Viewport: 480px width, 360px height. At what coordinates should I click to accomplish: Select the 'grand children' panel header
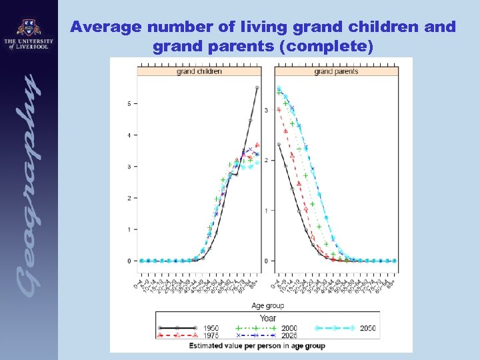click(199, 71)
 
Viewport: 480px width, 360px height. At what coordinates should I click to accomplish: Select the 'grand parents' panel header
click(336, 71)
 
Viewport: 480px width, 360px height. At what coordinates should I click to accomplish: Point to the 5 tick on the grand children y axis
click(131, 103)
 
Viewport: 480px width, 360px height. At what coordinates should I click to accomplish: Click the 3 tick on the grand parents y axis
click(267, 110)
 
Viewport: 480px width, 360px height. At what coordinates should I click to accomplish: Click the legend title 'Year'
click(267, 318)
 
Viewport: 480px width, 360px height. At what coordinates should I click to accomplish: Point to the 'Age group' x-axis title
click(268, 306)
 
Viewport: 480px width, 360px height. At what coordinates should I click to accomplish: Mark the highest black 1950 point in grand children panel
click(257, 88)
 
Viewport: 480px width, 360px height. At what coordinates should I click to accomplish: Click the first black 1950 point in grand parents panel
click(279, 144)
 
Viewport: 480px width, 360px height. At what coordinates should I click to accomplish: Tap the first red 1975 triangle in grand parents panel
click(279, 109)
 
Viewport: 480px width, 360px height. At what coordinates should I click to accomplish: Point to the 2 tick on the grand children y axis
click(131, 198)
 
